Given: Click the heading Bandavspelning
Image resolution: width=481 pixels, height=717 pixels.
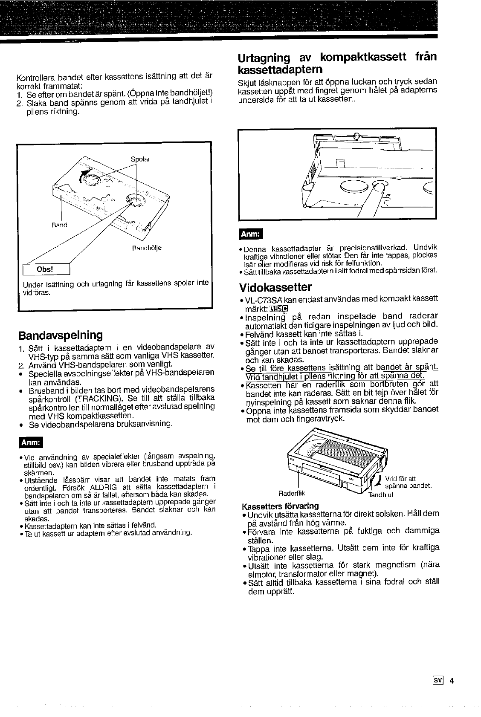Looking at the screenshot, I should [x=60, y=335].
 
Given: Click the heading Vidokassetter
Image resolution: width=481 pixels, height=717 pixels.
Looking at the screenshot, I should [x=275, y=286].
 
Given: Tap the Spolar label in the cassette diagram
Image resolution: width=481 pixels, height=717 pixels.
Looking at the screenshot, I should [x=140, y=159].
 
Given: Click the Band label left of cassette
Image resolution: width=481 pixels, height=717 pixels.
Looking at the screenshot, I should [x=59, y=225].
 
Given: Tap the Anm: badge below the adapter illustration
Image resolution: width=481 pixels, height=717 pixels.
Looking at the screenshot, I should [x=252, y=234].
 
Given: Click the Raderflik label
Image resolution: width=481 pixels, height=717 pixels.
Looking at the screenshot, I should [x=292, y=494].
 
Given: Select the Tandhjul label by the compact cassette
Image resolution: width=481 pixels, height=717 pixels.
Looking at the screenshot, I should [x=380, y=495].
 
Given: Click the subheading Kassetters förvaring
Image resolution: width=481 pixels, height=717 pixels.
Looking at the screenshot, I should [x=280, y=506].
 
